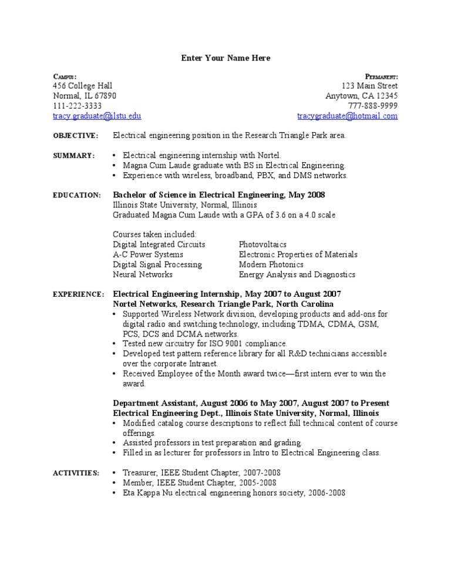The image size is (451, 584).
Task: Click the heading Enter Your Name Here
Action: (x=225, y=58)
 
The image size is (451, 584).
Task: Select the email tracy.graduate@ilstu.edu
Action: (x=97, y=116)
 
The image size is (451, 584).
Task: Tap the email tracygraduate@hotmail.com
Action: (x=347, y=116)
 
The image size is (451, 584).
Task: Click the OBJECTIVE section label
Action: (x=76, y=136)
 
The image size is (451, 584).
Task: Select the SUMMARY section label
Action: (x=73, y=156)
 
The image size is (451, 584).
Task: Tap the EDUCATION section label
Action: (x=77, y=195)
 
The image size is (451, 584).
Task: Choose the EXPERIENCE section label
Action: (x=79, y=294)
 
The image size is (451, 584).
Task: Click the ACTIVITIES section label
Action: (x=76, y=473)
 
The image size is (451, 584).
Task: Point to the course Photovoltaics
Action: (x=263, y=244)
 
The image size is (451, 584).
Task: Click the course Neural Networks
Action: (x=143, y=274)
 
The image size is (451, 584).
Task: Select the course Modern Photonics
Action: (x=271, y=264)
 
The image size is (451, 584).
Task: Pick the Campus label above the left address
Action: (x=65, y=77)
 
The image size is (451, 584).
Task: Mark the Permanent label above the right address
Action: (x=382, y=77)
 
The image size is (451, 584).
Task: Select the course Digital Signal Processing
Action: (x=157, y=264)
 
